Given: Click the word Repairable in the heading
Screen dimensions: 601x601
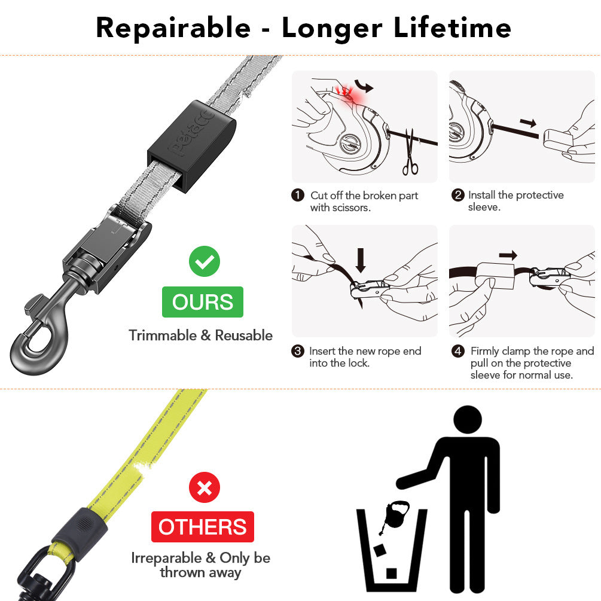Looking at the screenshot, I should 173,28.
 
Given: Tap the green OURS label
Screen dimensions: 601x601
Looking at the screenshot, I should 203,302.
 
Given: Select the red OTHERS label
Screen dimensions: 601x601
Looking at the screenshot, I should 203,527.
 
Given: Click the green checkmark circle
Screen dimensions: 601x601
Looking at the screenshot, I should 205,262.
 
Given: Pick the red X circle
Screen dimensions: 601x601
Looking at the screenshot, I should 205,488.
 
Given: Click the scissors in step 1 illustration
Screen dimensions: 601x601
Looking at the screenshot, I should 410,152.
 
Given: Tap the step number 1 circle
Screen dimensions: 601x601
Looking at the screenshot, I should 298,196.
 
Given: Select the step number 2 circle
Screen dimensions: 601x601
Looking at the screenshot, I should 458,196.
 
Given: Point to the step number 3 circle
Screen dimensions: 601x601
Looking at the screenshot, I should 298,352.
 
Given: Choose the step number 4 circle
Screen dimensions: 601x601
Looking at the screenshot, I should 458,352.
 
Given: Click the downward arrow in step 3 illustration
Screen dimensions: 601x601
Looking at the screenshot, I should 361,259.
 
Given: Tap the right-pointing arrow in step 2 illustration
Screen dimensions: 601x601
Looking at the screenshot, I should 528,123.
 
